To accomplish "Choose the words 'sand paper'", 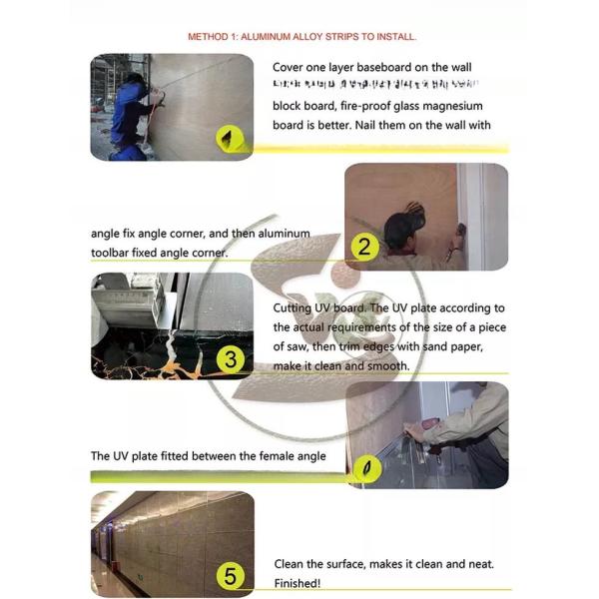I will tap(451, 346).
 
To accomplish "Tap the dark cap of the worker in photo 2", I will tap(404, 220).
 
